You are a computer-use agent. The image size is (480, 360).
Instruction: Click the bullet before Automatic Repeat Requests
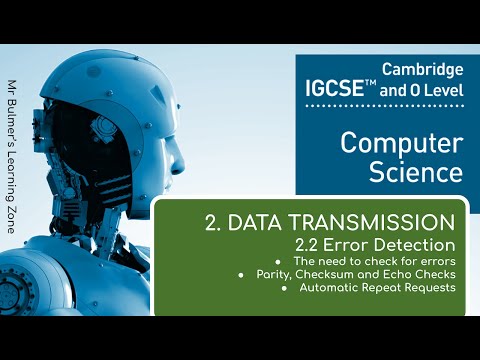285,288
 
